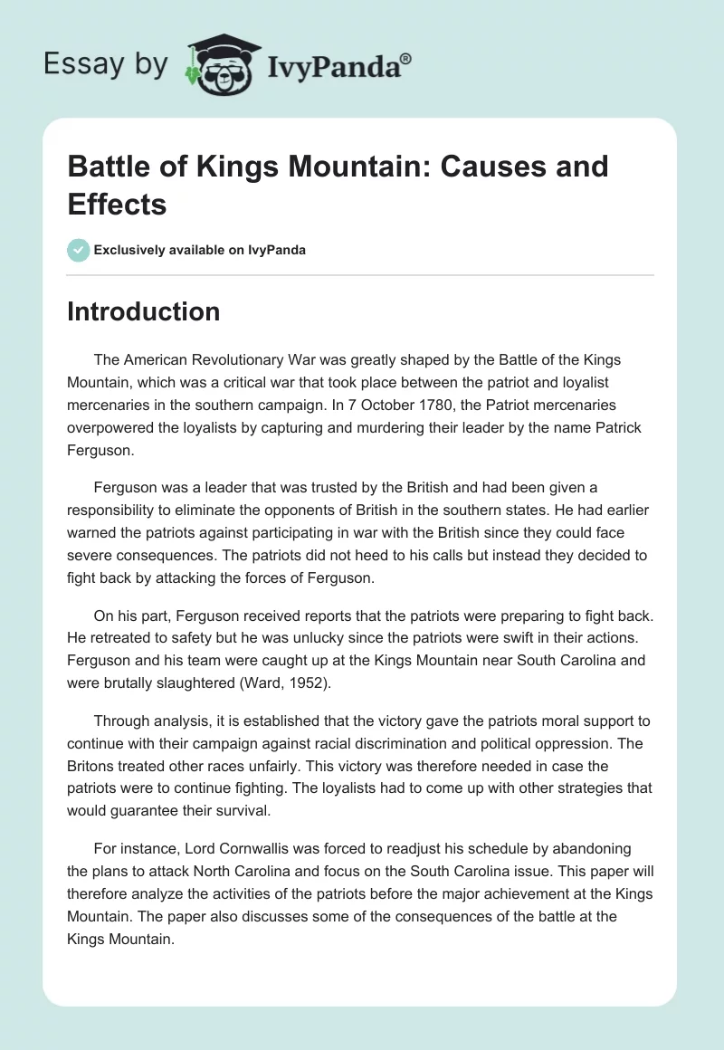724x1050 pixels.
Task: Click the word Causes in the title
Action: [486, 167]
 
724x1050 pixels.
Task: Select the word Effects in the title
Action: [117, 204]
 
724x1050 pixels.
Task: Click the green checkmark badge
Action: [79, 251]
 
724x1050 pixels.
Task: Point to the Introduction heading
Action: [144, 311]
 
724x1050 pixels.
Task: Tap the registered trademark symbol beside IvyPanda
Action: [406, 58]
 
